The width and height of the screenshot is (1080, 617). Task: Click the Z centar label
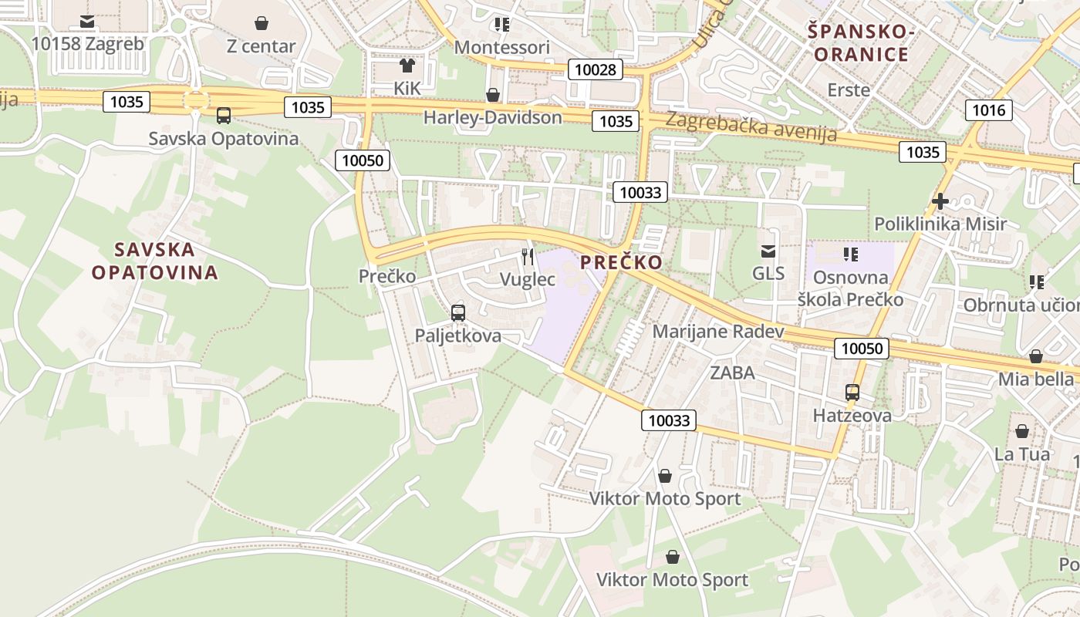pos(261,46)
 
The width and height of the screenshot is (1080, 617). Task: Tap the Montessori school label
pos(501,48)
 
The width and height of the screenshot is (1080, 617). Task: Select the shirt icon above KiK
pos(407,66)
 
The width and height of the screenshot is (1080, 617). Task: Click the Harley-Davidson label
pos(492,117)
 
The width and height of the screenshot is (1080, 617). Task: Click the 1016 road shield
pos(988,110)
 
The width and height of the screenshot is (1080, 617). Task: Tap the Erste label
pos(849,90)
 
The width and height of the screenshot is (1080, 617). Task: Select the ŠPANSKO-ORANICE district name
pos(861,43)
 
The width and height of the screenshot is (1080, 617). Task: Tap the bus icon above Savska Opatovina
pos(224,116)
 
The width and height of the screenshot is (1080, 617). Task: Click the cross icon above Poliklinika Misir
pos(940,201)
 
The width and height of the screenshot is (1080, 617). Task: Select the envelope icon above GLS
pos(768,251)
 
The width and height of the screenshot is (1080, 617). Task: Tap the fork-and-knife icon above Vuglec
pos(528,256)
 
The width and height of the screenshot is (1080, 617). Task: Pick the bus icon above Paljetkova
pos(458,312)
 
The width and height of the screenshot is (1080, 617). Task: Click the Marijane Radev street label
pos(717,332)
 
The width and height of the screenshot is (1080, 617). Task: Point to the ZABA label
pos(732,373)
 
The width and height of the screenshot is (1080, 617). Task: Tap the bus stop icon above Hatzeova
pos(852,393)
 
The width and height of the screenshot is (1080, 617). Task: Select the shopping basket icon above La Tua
pos(1022,431)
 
